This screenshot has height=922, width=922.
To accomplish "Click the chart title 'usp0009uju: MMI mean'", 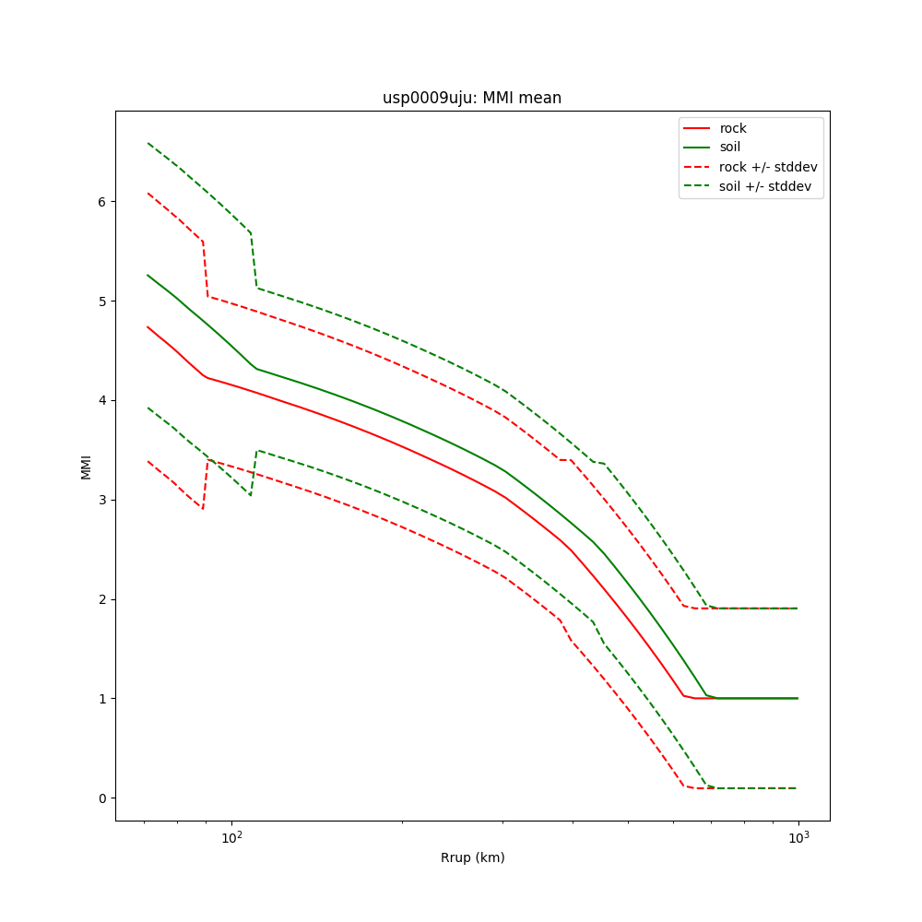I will click(x=472, y=98).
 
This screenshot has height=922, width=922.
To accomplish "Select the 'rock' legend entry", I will click(x=733, y=128).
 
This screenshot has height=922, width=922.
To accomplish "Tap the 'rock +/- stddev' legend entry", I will click(x=768, y=167).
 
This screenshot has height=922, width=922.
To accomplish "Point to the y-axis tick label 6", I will click(x=100, y=202).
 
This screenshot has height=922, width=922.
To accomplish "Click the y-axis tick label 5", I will click(x=100, y=301).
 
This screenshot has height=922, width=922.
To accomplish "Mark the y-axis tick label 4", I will click(x=100, y=400).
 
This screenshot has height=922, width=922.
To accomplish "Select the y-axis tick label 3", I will click(x=100, y=500).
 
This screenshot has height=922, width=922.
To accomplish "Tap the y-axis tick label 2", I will click(x=100, y=599).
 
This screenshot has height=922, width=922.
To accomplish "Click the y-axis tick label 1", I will click(x=100, y=699).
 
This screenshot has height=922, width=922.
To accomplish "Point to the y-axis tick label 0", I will click(x=100, y=798).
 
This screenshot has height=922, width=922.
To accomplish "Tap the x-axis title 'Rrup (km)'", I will click(x=472, y=857).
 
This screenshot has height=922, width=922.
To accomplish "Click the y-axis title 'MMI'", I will click(x=86, y=467).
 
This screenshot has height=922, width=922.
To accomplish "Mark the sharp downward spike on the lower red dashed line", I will click(x=202, y=509).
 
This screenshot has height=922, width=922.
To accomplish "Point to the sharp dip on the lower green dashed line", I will click(x=249, y=495).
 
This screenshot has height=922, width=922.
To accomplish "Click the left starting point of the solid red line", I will click(x=148, y=326).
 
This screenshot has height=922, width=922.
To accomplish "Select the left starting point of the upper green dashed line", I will click(x=148, y=143).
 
